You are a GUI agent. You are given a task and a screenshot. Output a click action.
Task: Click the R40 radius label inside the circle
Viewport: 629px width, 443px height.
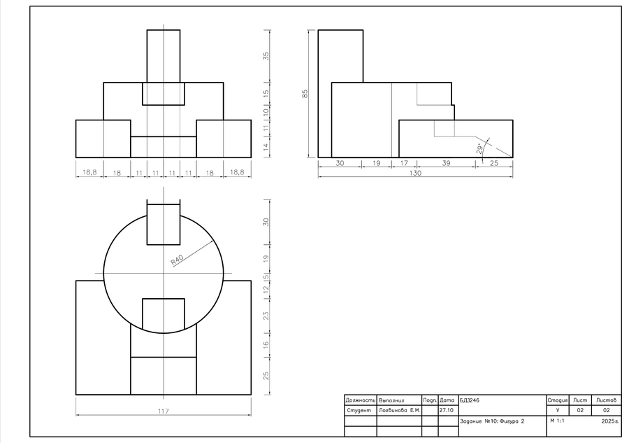pyautogui.click(x=177, y=260)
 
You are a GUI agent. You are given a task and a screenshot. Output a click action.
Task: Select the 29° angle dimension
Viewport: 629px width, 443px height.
pyautogui.click(x=479, y=149)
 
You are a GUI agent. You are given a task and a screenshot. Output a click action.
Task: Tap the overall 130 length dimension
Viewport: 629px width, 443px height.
pyautogui.click(x=415, y=173)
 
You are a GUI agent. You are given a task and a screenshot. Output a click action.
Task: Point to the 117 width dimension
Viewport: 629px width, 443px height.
pyautogui.click(x=164, y=412)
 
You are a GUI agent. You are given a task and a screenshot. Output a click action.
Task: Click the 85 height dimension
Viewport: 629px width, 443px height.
pyautogui.click(x=305, y=94)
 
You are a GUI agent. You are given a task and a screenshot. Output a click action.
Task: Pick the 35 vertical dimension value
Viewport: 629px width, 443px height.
pyautogui.click(x=266, y=56)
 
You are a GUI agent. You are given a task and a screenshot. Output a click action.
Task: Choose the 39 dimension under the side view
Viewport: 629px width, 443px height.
pyautogui.click(x=446, y=163)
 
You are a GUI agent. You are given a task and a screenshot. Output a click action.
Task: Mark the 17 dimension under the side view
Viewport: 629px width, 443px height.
pyautogui.click(x=403, y=163)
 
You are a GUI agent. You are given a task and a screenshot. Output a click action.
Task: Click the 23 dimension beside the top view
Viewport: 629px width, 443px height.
pyautogui.click(x=266, y=316)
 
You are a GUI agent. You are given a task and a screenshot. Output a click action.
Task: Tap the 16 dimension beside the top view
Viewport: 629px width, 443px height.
pyautogui.click(x=266, y=344)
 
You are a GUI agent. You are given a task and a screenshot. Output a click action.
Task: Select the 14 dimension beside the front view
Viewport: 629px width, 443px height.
pyautogui.click(x=266, y=148)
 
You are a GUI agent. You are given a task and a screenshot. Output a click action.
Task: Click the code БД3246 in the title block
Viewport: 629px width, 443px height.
pyautogui.click(x=470, y=400)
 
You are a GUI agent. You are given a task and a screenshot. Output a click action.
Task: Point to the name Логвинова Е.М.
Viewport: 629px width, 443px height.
pyautogui.click(x=399, y=411)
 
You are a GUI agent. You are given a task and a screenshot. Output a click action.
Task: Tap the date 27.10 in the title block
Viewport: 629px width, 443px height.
pyautogui.click(x=446, y=411)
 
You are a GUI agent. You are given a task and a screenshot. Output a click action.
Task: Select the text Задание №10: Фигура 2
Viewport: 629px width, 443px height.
pyautogui.click(x=492, y=421)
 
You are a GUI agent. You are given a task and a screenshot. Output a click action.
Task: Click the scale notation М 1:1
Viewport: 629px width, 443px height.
pyautogui.click(x=557, y=421)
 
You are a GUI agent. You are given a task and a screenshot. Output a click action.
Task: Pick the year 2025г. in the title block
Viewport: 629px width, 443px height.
pyautogui.click(x=609, y=421)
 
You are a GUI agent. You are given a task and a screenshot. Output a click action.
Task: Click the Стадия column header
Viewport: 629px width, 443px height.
pyautogui.click(x=558, y=400)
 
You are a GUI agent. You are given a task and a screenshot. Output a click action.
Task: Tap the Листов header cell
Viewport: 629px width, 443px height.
pyautogui.click(x=606, y=400)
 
